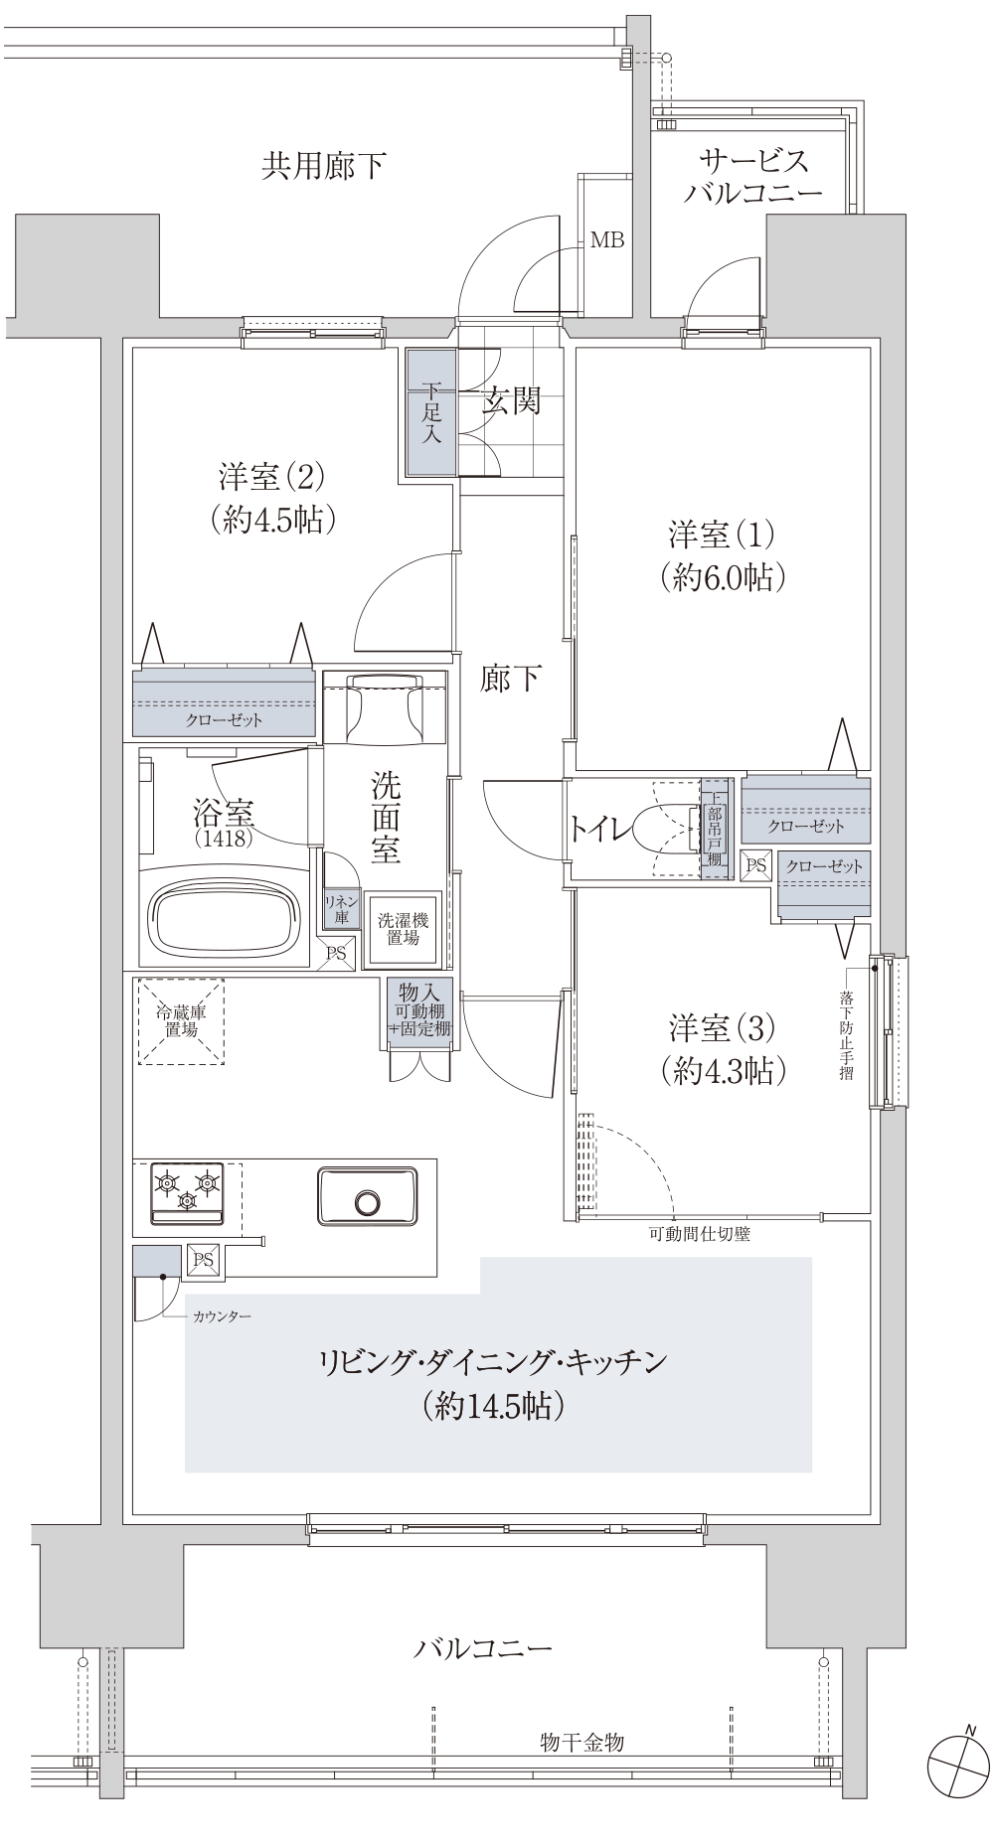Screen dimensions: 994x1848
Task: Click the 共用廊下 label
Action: click(x=323, y=166)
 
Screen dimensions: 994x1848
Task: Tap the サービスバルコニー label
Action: click(x=753, y=176)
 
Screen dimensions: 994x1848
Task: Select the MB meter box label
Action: click(x=606, y=239)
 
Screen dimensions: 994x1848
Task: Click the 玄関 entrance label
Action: click(x=512, y=401)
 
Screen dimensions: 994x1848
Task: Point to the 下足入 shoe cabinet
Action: click(x=430, y=413)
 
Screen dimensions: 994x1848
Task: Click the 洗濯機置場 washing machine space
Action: click(x=404, y=929)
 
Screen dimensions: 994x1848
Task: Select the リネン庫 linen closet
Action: click(x=340, y=909)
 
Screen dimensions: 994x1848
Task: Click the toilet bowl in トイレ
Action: click(x=663, y=829)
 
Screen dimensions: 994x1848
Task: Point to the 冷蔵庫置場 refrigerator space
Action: click(x=181, y=1021)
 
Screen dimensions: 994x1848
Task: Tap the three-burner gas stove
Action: click(x=187, y=1193)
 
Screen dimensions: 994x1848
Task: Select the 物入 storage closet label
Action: click(x=420, y=1009)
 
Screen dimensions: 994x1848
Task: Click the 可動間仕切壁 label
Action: click(x=699, y=1235)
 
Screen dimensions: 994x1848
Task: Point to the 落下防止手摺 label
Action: click(x=845, y=1034)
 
